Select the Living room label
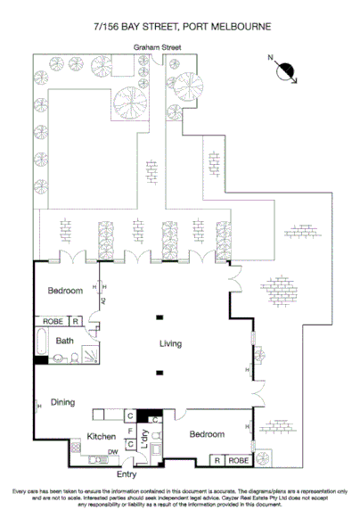[x=171, y=343]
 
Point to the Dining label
[x=62, y=402]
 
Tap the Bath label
[x=64, y=341]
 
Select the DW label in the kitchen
[x=111, y=452]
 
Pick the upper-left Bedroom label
[x=65, y=292]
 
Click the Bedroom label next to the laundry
[x=206, y=433]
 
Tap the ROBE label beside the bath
[x=52, y=321]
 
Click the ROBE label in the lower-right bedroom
[x=237, y=460]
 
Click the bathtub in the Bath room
[x=43, y=341]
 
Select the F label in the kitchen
[x=130, y=430]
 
